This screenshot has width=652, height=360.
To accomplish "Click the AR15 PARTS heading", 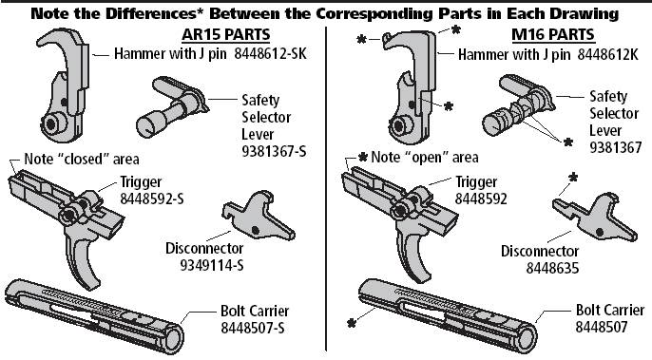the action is [x=226, y=34].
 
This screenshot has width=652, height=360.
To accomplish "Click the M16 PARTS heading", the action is [x=553, y=34].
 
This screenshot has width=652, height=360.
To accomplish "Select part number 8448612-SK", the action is [x=270, y=53].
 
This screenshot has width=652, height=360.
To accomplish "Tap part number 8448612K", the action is [x=607, y=54].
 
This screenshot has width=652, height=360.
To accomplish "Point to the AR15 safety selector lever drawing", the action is [x=171, y=105].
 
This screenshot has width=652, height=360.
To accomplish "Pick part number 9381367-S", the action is [x=274, y=151].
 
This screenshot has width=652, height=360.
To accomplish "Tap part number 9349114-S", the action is [x=212, y=265].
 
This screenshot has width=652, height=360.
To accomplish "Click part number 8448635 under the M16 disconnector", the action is [x=552, y=268].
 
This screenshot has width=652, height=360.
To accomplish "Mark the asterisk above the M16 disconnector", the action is [x=573, y=178].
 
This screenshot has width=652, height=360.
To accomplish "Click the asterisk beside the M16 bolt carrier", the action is [x=352, y=323].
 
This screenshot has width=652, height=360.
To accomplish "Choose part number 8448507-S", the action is [x=253, y=328].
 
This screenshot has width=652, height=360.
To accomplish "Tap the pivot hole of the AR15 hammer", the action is [x=51, y=123].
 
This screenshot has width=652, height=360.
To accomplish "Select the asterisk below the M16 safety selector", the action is [x=568, y=142].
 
